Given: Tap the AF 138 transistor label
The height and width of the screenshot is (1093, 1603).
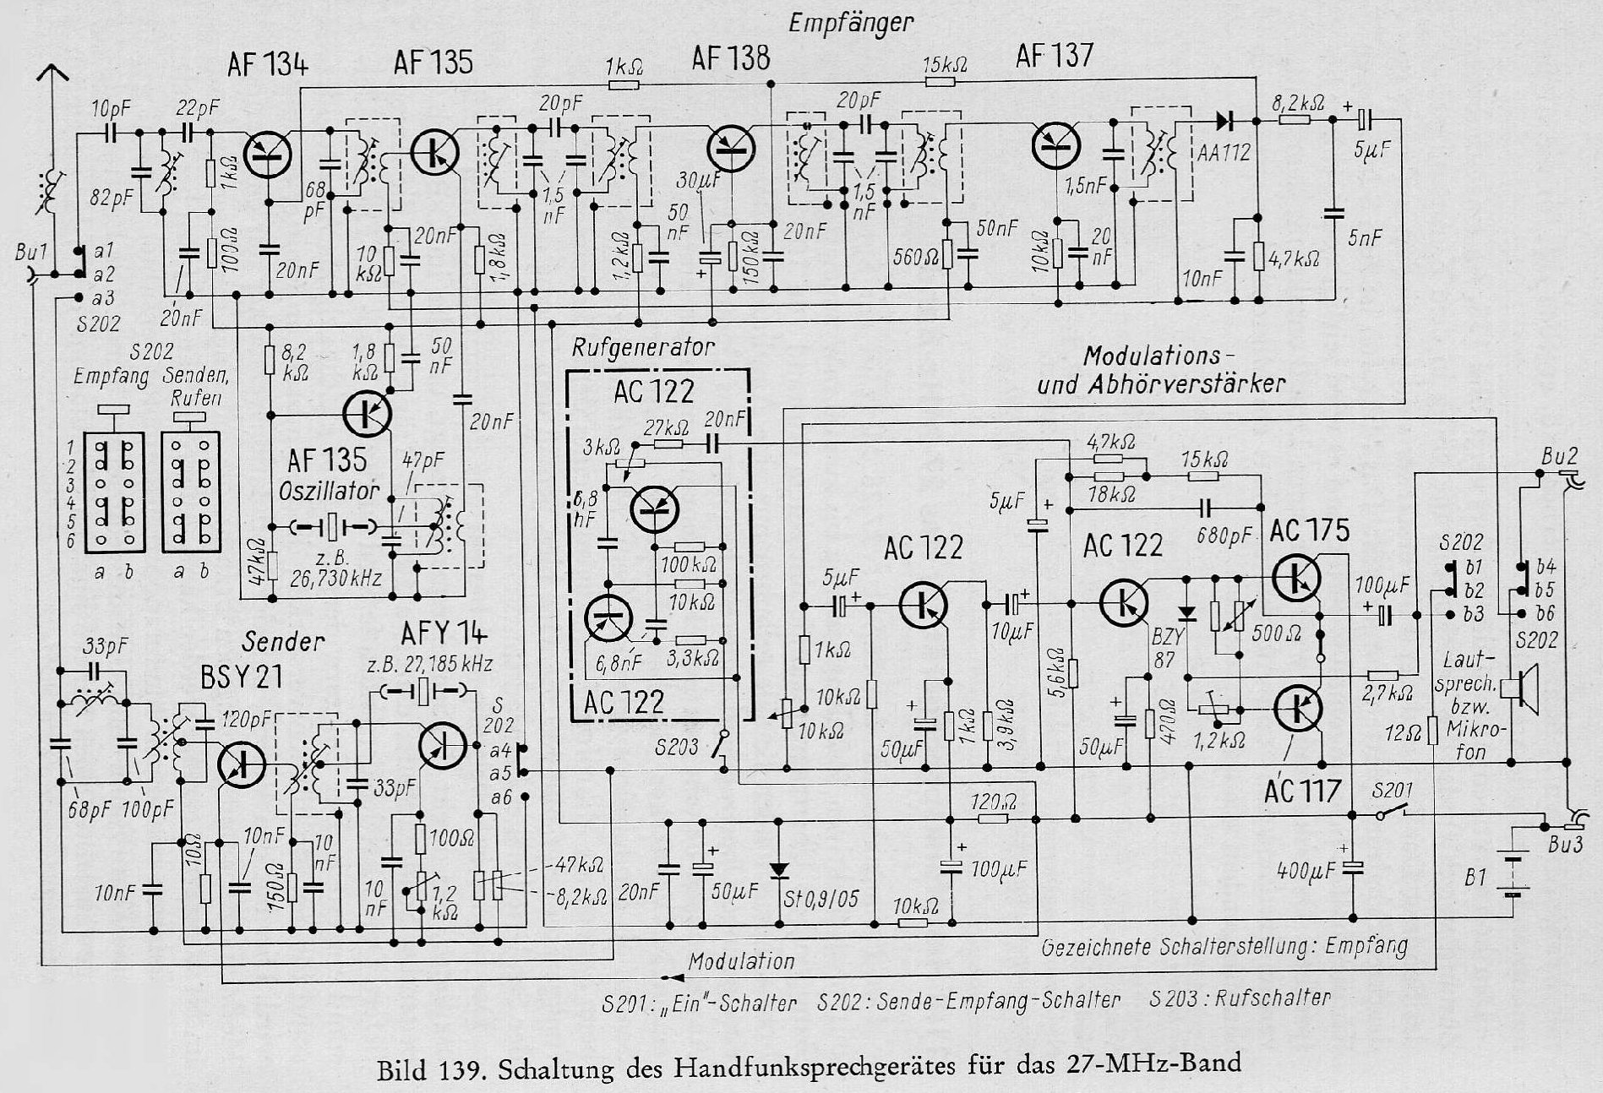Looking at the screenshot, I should pyautogui.click(x=730, y=59).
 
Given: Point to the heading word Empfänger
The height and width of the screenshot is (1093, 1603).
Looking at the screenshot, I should pyautogui.click(x=851, y=23).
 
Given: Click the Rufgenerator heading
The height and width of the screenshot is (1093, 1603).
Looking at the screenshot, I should pyautogui.click(x=643, y=347).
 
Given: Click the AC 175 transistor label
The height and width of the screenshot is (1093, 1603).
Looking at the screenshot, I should pyautogui.click(x=1309, y=531).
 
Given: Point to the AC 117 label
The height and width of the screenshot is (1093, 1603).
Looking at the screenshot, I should pyautogui.click(x=1302, y=791).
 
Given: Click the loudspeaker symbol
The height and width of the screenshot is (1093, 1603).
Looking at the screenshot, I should pyautogui.click(x=1527, y=686).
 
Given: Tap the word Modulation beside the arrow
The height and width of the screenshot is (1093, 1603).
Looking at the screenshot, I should pyautogui.click(x=741, y=961).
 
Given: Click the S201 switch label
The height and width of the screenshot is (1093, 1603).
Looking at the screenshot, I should pyautogui.click(x=1390, y=791).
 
